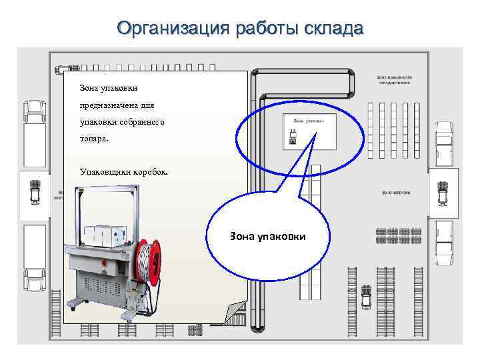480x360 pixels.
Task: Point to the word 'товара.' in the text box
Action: (93, 141)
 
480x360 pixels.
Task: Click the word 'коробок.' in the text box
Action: (151, 171)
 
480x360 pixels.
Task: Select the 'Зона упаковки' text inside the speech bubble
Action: (267, 236)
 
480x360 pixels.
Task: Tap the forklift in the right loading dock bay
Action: (441, 191)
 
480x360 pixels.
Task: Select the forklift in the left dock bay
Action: (35, 191)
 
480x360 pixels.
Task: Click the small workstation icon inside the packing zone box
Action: (293, 136)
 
